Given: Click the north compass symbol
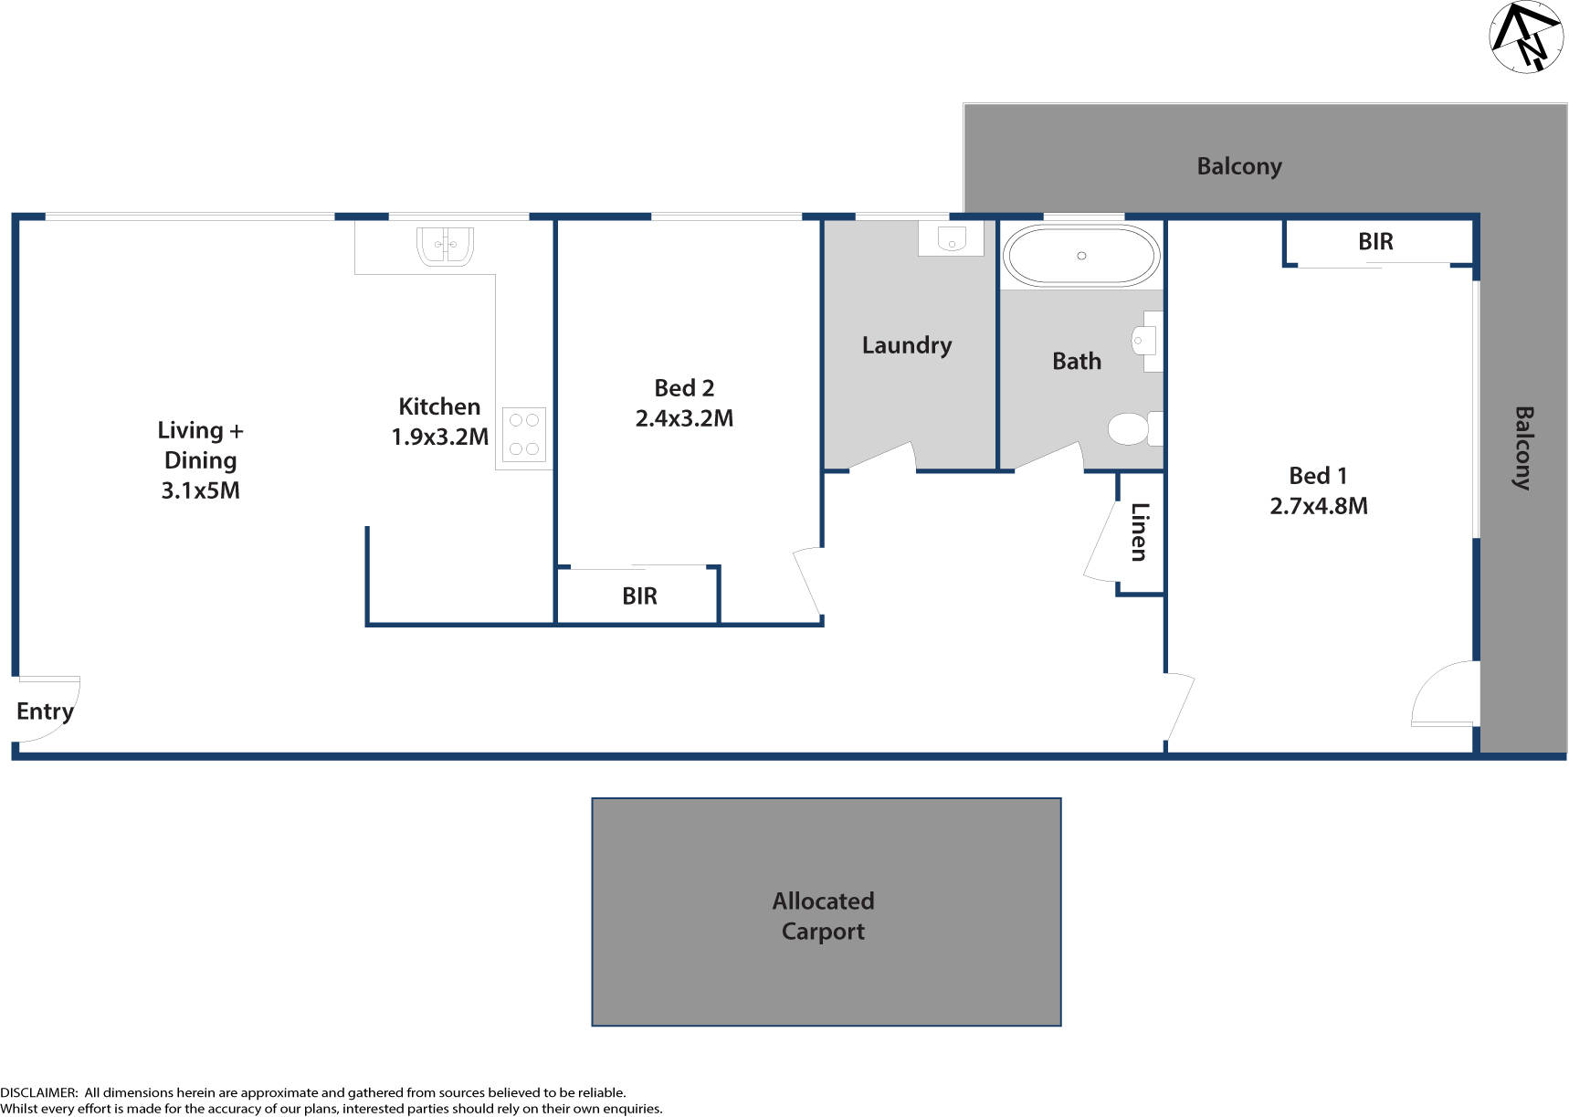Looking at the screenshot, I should point(1526,37).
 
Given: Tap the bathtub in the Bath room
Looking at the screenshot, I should point(1081,256).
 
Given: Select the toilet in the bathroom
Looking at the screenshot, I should point(1132,428).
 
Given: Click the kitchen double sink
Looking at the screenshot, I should point(445,245).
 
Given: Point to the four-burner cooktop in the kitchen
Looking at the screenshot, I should point(523,435).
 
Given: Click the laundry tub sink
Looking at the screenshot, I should point(951,239).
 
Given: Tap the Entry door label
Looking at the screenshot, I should point(45,711).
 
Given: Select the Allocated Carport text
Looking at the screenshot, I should point(823,916).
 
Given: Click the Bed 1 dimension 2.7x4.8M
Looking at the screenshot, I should point(1318,506).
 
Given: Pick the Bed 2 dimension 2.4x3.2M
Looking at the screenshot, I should point(684,418).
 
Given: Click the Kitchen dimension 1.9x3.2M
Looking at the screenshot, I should point(439,437).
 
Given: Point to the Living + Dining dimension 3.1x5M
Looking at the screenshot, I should point(200,490).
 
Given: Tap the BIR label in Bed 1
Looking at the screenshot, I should point(1375,242).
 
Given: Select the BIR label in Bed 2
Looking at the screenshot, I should point(639,596).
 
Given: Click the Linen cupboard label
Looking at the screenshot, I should point(1139,532).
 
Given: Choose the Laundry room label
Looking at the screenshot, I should point(906,345).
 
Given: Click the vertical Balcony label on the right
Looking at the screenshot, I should point(1522,448).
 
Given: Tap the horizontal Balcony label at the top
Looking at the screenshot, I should point(1238,166).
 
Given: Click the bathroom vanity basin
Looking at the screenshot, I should point(1143,341).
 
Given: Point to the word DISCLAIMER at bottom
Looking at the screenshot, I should point(38,1092).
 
